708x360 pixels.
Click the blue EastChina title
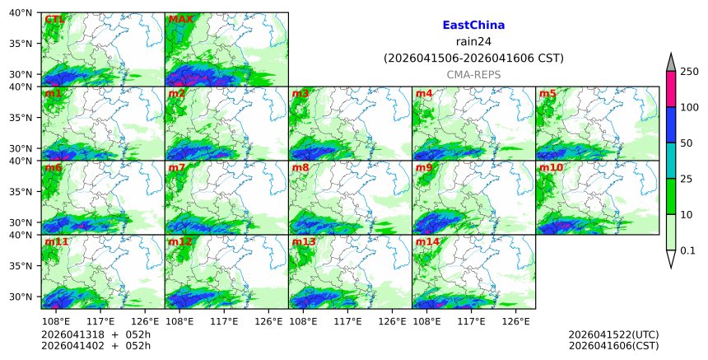(x=473, y=26)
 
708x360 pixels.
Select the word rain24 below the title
(x=473, y=42)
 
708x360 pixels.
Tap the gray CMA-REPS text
(x=473, y=75)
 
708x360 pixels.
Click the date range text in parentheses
(x=473, y=58)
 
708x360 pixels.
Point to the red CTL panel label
(x=54, y=19)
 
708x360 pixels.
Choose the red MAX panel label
(x=180, y=19)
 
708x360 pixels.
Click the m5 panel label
(x=547, y=93)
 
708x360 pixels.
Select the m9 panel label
(x=424, y=168)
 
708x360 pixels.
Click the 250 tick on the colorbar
(x=689, y=72)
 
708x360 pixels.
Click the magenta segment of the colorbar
(x=670, y=89)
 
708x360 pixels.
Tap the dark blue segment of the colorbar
(x=670, y=125)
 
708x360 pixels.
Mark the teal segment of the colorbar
(x=670, y=161)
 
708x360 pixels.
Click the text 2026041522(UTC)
(x=613, y=334)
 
